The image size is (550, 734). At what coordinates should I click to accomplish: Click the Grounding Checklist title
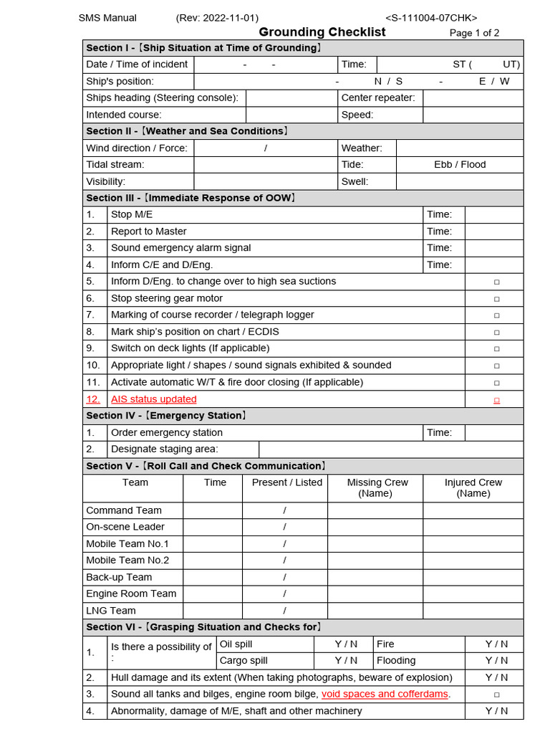[x=322, y=32]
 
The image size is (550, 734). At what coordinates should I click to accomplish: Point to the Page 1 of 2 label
[x=474, y=33]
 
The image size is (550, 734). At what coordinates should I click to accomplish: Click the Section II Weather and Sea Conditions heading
[x=188, y=131]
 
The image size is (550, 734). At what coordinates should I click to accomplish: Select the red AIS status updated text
[x=153, y=399]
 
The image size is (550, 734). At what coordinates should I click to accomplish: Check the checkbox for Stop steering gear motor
[x=496, y=299]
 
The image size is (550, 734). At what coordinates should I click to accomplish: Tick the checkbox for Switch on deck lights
[x=496, y=349]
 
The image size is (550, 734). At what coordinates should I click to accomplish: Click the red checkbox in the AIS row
[x=496, y=400]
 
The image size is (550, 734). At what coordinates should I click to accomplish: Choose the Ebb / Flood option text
[x=460, y=165]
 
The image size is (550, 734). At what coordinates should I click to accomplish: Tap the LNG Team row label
[x=111, y=611]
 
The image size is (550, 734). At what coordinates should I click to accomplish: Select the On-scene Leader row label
[x=125, y=527]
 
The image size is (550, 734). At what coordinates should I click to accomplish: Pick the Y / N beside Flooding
[x=496, y=661]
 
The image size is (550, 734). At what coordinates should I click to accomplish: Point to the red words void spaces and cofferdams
[x=385, y=694]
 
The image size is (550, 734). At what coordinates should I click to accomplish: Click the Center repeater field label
[x=378, y=98]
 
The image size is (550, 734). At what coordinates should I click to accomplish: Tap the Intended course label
[x=124, y=115]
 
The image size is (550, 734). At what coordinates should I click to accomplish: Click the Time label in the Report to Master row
[x=439, y=232]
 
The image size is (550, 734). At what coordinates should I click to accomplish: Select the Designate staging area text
[x=165, y=449]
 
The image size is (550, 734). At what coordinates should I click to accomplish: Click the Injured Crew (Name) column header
[x=473, y=488]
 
